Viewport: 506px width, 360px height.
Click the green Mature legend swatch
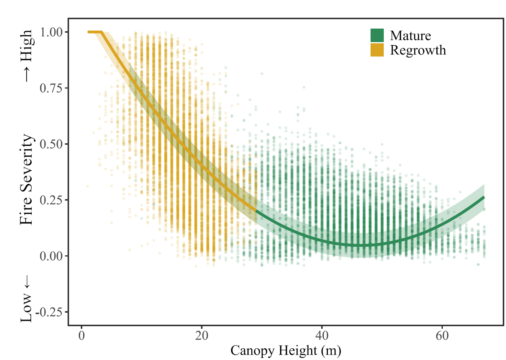[377, 35]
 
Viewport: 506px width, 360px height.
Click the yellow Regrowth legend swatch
[377, 50]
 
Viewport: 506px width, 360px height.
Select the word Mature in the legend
[410, 36]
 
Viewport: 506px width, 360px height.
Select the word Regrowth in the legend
[418, 50]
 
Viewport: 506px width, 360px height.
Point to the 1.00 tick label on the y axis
[51, 32]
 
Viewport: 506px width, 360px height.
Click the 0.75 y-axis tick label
[51, 88]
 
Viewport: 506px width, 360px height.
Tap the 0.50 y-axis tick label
[51, 144]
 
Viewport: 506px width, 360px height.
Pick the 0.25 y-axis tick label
[51, 200]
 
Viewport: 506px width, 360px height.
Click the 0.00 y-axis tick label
[51, 256]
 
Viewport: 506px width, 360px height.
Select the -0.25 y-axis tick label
[49, 312]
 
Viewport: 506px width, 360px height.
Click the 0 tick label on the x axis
[82, 336]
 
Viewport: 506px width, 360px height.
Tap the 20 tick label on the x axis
[202, 336]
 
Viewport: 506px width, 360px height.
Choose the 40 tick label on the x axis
[322, 336]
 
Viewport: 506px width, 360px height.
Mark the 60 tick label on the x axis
[442, 336]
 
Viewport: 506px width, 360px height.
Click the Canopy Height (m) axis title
[286, 351]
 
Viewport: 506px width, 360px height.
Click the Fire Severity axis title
[26, 179]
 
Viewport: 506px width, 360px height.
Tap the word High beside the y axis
[26, 45]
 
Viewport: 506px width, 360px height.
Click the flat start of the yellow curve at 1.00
[95, 32]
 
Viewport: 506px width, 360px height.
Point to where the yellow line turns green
[256, 210]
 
